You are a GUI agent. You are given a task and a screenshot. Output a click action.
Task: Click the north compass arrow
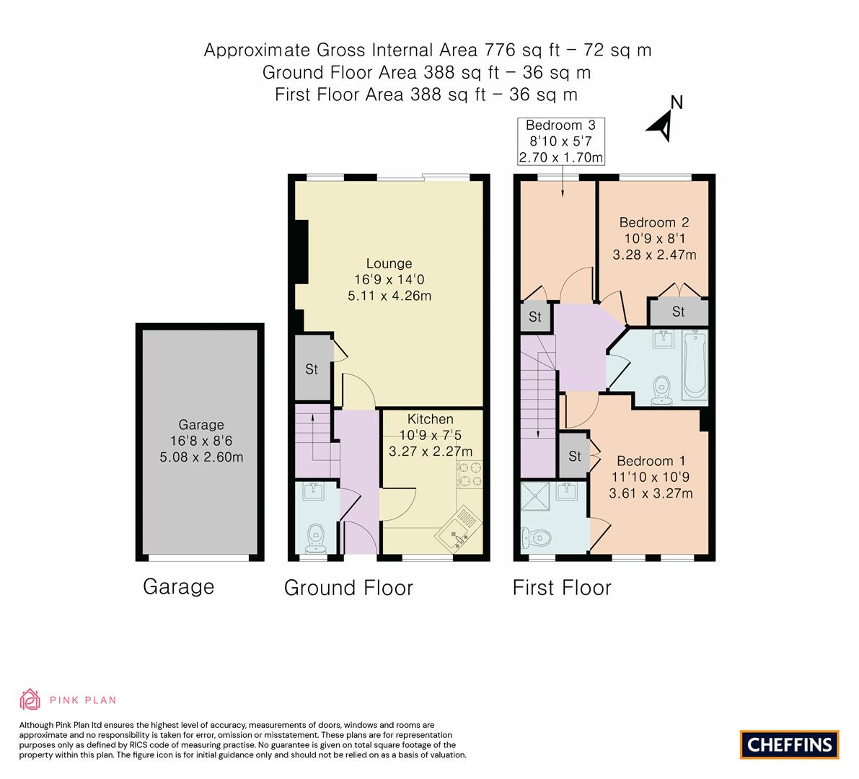(x=662, y=124)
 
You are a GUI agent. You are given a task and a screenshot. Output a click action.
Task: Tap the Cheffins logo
(x=789, y=744)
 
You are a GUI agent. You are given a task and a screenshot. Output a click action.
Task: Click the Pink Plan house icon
(x=30, y=699)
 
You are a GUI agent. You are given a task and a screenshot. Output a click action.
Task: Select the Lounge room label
(x=389, y=264)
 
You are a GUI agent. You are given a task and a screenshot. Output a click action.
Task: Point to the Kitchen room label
(x=431, y=419)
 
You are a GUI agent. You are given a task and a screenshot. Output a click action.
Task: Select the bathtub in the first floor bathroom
(x=695, y=365)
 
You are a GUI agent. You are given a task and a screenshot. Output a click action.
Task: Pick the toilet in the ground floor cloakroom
(x=315, y=537)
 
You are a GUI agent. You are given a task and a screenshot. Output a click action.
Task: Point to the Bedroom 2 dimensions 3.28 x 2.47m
(x=654, y=255)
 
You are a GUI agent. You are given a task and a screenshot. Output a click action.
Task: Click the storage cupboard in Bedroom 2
(x=678, y=312)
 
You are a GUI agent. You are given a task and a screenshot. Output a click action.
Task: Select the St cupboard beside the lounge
(x=312, y=369)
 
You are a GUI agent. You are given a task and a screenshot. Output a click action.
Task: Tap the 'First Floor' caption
(x=562, y=588)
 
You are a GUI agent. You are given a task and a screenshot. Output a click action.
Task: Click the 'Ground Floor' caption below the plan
(x=348, y=588)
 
